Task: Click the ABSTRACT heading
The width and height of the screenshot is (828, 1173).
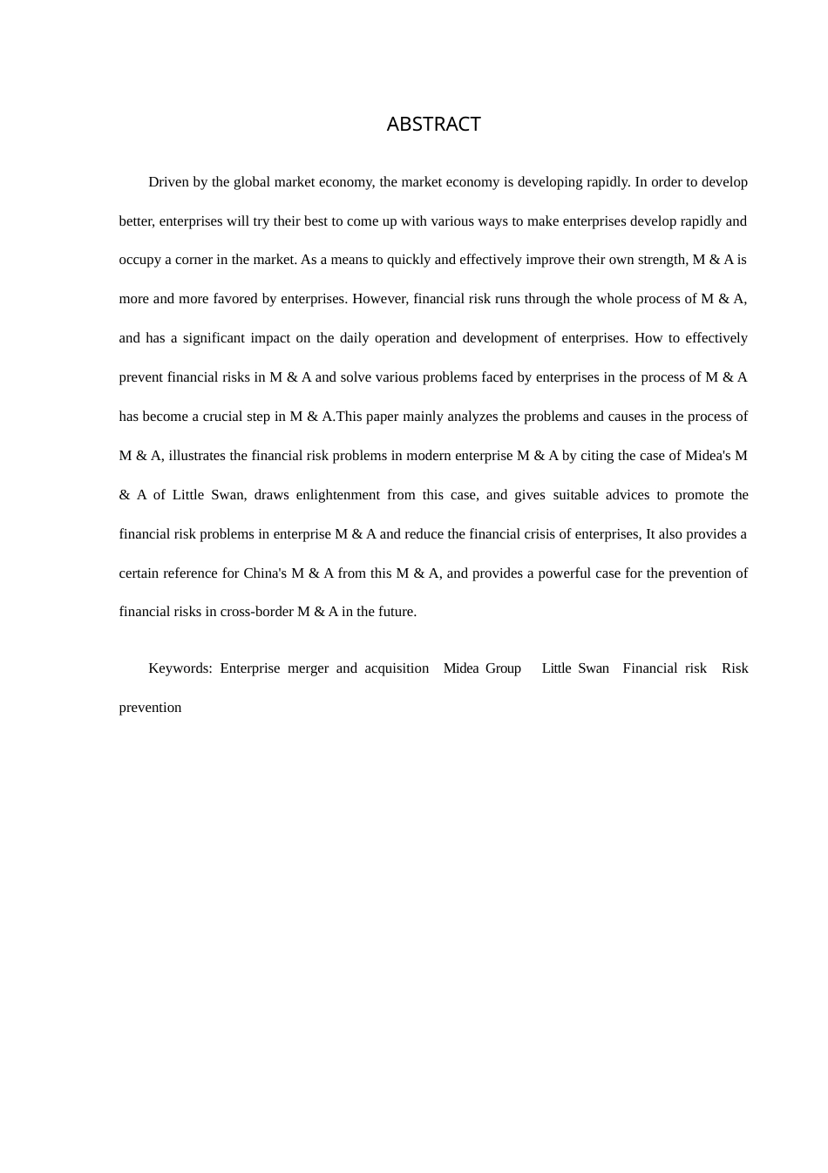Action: coord(433,125)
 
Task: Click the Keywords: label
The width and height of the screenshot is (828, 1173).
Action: coord(180,668)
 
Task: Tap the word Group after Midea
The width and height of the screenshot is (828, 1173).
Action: coord(503,668)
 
